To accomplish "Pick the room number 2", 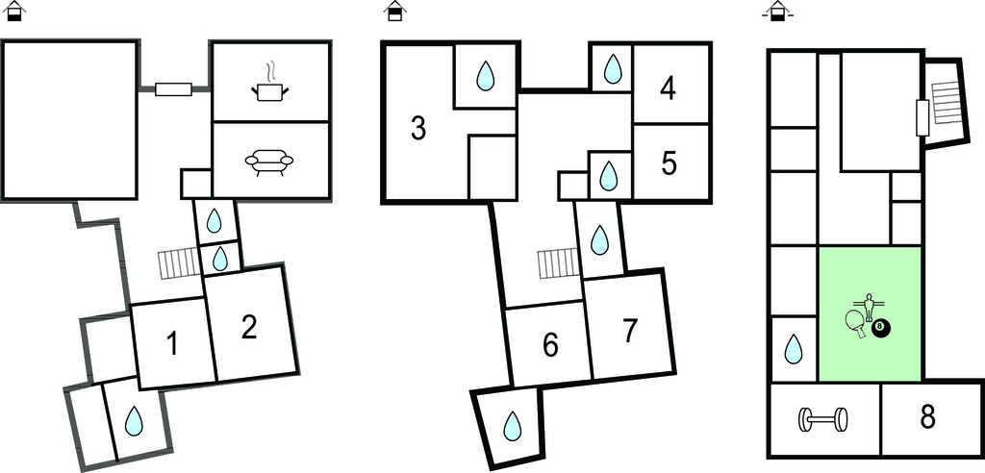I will pyautogui.click(x=249, y=328).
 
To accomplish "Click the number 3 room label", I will pyautogui.click(x=418, y=128).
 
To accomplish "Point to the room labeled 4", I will pyautogui.click(x=669, y=89).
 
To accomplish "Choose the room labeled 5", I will pyautogui.click(x=669, y=162).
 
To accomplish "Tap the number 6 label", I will pyautogui.click(x=550, y=345).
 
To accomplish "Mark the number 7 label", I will pyautogui.click(x=629, y=331).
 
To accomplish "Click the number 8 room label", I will pyautogui.click(x=927, y=418).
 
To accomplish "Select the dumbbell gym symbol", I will pyautogui.click(x=824, y=419).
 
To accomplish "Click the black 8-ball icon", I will pyautogui.click(x=881, y=329).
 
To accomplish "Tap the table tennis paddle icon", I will pyautogui.click(x=855, y=322).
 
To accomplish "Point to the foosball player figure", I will pyautogui.click(x=871, y=308).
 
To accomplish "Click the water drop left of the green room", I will pyautogui.click(x=793, y=349).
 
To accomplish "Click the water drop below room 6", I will pyautogui.click(x=513, y=423).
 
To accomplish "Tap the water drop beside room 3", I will pyautogui.click(x=487, y=75).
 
